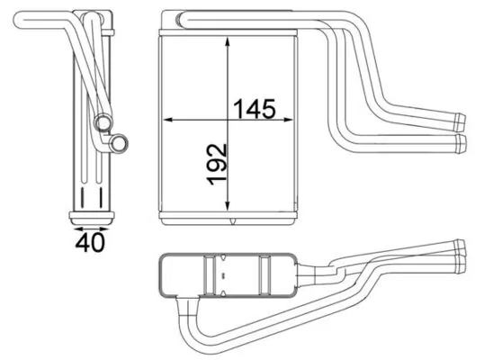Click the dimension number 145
255,109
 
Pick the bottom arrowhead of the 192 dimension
229,210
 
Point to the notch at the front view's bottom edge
233,220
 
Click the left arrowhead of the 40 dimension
71,226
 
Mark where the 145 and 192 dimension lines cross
229,119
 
